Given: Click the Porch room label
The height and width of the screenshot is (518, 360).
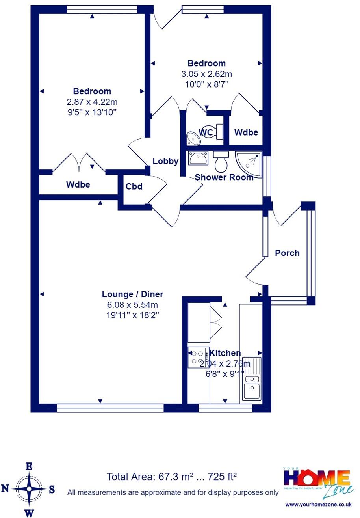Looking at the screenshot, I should (287, 253).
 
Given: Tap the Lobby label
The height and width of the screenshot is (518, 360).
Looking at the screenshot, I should (165, 161).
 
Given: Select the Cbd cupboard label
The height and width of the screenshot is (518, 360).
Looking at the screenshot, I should (134, 187).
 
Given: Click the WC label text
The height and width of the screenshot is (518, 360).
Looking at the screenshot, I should (206, 132).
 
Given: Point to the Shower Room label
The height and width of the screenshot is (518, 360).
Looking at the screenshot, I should (224, 177).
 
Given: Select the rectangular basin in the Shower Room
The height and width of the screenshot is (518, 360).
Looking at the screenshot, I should (198, 158).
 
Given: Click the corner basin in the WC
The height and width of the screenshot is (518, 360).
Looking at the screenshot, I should (193, 138).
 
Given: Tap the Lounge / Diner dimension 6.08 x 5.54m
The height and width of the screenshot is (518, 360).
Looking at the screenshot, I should (132, 305).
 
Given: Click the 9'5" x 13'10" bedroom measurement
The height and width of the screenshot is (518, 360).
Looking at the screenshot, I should (92, 112).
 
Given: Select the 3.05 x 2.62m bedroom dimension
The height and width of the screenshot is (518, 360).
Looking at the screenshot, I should (206, 74).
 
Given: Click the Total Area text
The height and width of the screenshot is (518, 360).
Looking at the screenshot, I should (172, 477).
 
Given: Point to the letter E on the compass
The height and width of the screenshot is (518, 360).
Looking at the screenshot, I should (29, 466).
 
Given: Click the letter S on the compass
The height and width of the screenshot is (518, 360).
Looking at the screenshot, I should (52, 490).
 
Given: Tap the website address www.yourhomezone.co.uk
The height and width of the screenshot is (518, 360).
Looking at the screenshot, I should (318, 504).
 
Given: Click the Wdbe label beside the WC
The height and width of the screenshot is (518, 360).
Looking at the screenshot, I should (246, 132).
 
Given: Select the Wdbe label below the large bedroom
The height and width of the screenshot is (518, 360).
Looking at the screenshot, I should (78, 184).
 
